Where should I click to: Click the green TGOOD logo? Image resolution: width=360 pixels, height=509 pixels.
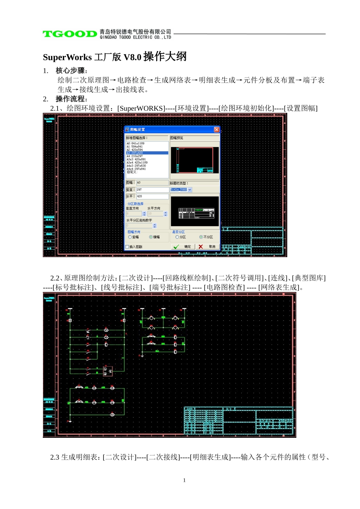point(70,34)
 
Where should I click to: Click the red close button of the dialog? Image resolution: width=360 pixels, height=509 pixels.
point(216,130)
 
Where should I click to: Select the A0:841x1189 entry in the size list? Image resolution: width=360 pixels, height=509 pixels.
point(136,144)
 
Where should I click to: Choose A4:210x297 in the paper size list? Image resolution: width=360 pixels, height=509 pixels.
point(135,156)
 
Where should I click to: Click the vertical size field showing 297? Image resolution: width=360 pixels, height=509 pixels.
point(152,189)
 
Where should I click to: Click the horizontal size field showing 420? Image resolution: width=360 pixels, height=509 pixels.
point(152,196)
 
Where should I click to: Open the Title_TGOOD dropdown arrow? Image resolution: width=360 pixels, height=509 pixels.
point(190,190)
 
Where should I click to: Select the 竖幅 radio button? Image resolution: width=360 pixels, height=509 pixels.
point(130,237)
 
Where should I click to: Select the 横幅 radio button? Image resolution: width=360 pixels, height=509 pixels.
point(151,237)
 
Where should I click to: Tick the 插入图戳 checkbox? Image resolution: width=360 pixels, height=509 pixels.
point(127,247)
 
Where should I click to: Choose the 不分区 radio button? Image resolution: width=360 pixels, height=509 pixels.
point(201,237)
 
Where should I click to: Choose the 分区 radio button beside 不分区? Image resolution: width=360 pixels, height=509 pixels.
point(177,237)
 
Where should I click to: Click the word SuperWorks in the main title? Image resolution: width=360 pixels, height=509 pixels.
point(67,57)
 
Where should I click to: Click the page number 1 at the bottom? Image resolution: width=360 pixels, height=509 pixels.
point(185,480)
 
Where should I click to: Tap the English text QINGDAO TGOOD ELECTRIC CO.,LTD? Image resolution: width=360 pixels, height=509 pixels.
point(135,37)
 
